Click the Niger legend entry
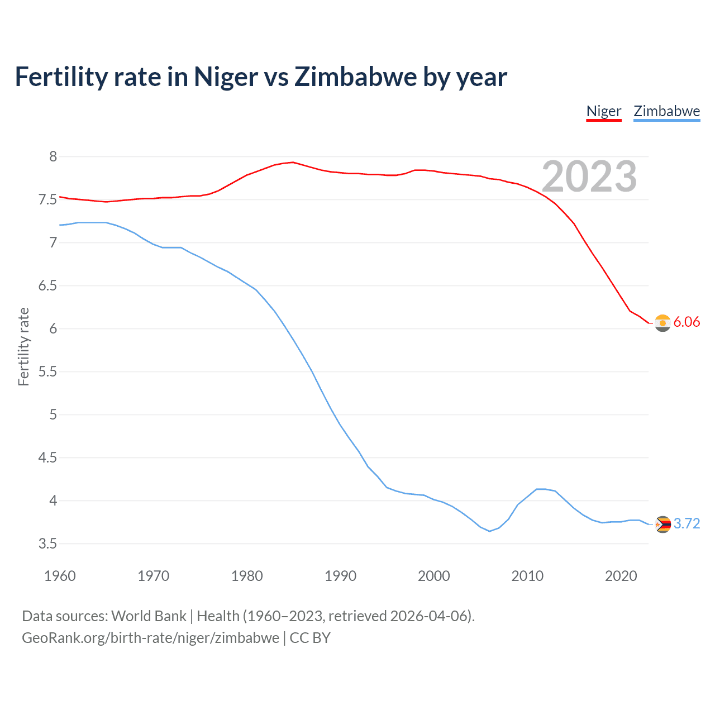pos(603,111)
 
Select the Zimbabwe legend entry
pos(666,111)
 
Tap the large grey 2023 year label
pos(589,177)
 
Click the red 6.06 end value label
pos(687,322)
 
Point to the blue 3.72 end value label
pos(687,524)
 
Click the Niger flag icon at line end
pos(662,323)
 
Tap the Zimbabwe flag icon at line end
pos(662,525)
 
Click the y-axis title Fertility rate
pos(23,346)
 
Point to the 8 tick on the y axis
pos(53,157)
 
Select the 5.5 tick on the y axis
pos(48,372)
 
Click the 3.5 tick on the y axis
pos(48,544)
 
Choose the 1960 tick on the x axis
pos(60,576)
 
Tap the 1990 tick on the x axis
pos(340,576)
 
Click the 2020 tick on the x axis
pos(621,576)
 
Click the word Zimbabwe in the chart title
pos(355,77)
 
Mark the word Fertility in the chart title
pos(61,77)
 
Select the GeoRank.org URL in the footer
pos(150,638)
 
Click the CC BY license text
pos(310,638)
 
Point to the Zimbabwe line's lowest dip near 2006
pos(489,531)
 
